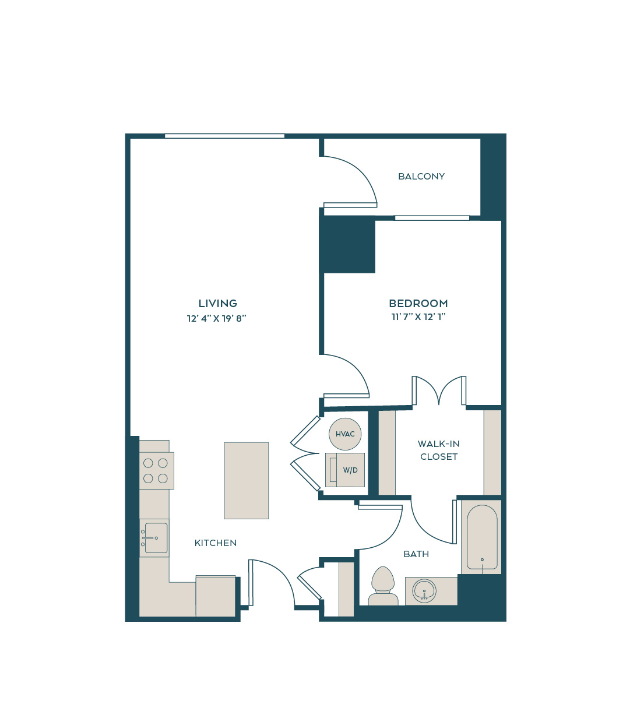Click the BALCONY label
[x=421, y=176]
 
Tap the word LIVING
[x=217, y=303]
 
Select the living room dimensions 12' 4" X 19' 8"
[x=217, y=318]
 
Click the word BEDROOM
[x=418, y=303]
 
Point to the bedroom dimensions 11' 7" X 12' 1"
[x=418, y=316]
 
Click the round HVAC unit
[x=345, y=434]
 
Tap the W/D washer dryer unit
[x=345, y=470]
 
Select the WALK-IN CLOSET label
[x=439, y=450]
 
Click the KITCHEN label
[x=216, y=543]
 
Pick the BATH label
[x=416, y=554]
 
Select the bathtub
[x=481, y=537]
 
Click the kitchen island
[x=247, y=480]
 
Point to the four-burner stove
[x=157, y=471]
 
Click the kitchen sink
[x=154, y=538]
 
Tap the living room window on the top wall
[x=224, y=136]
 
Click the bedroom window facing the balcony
[x=432, y=218]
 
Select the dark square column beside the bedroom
[x=347, y=244]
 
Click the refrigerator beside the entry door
[x=216, y=596]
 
